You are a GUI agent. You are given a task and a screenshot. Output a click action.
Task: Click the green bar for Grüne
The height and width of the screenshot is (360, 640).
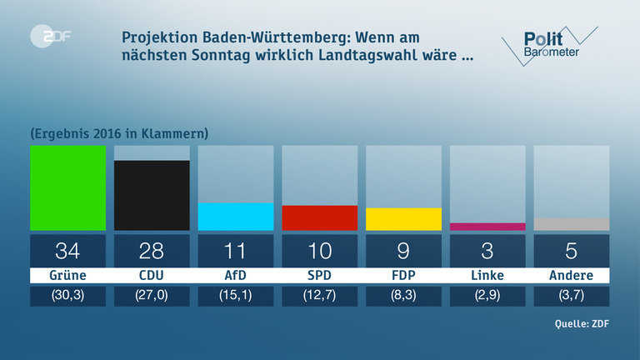(x=67, y=187)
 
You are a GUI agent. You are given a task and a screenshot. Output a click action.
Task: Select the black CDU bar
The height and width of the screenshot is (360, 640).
(x=152, y=195)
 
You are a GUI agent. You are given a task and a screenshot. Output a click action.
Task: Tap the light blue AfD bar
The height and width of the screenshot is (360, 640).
(x=236, y=217)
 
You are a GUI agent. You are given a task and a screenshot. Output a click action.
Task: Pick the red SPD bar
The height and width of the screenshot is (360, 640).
(x=320, y=217)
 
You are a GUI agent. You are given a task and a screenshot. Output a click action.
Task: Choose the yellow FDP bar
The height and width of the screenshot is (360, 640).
(x=403, y=219)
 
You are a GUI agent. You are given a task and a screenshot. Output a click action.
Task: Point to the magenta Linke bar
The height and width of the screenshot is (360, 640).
(x=487, y=227)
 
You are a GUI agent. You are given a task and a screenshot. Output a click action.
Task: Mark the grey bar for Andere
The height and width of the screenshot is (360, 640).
(x=571, y=224)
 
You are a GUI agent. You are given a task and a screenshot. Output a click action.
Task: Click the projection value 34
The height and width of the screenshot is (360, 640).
(x=67, y=250)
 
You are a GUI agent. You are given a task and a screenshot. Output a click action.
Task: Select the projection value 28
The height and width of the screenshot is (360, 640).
(x=152, y=250)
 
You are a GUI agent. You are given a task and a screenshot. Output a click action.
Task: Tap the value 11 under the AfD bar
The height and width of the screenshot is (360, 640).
(x=236, y=250)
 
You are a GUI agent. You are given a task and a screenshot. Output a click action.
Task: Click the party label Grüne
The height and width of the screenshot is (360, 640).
(x=67, y=276)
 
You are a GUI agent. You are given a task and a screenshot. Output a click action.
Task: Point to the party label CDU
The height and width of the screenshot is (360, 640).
(x=152, y=276)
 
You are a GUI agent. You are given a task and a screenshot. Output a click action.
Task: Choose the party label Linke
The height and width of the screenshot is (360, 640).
(x=487, y=276)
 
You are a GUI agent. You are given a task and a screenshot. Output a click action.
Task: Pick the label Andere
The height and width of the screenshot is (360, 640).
(x=571, y=276)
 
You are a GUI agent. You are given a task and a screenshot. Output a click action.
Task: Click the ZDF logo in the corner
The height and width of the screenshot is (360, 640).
(x=46, y=37)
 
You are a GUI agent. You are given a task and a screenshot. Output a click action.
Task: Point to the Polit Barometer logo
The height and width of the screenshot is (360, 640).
(x=546, y=43)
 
